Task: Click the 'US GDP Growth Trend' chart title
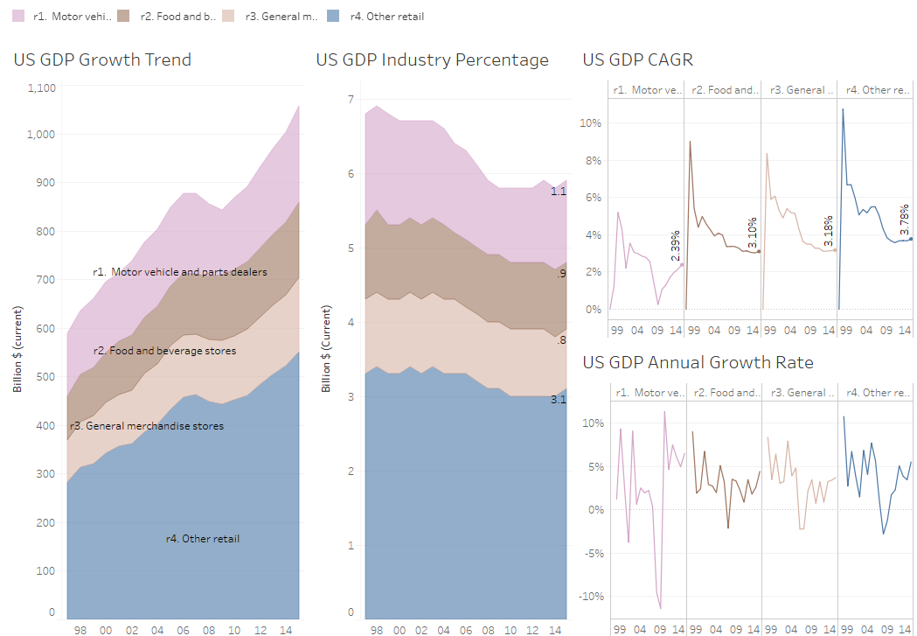pyautogui.click(x=102, y=60)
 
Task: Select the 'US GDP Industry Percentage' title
pyautogui.click(x=432, y=60)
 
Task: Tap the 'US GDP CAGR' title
pyautogui.click(x=638, y=60)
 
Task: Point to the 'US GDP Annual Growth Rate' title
pyautogui.click(x=698, y=362)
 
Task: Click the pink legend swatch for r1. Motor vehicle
pyautogui.click(x=12, y=16)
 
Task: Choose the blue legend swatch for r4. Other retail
pyautogui.click(x=333, y=16)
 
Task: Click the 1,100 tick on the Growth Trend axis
pyautogui.click(x=41, y=87)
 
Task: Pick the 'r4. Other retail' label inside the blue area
pyautogui.click(x=202, y=539)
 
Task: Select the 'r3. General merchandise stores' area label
pyautogui.click(x=147, y=426)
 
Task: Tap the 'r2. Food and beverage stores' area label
pyautogui.click(x=164, y=351)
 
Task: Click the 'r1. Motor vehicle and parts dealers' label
pyautogui.click(x=180, y=272)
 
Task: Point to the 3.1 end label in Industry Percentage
pyautogui.click(x=558, y=400)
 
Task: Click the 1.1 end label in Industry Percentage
pyautogui.click(x=558, y=192)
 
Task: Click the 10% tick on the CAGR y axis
pyautogui.click(x=591, y=123)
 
